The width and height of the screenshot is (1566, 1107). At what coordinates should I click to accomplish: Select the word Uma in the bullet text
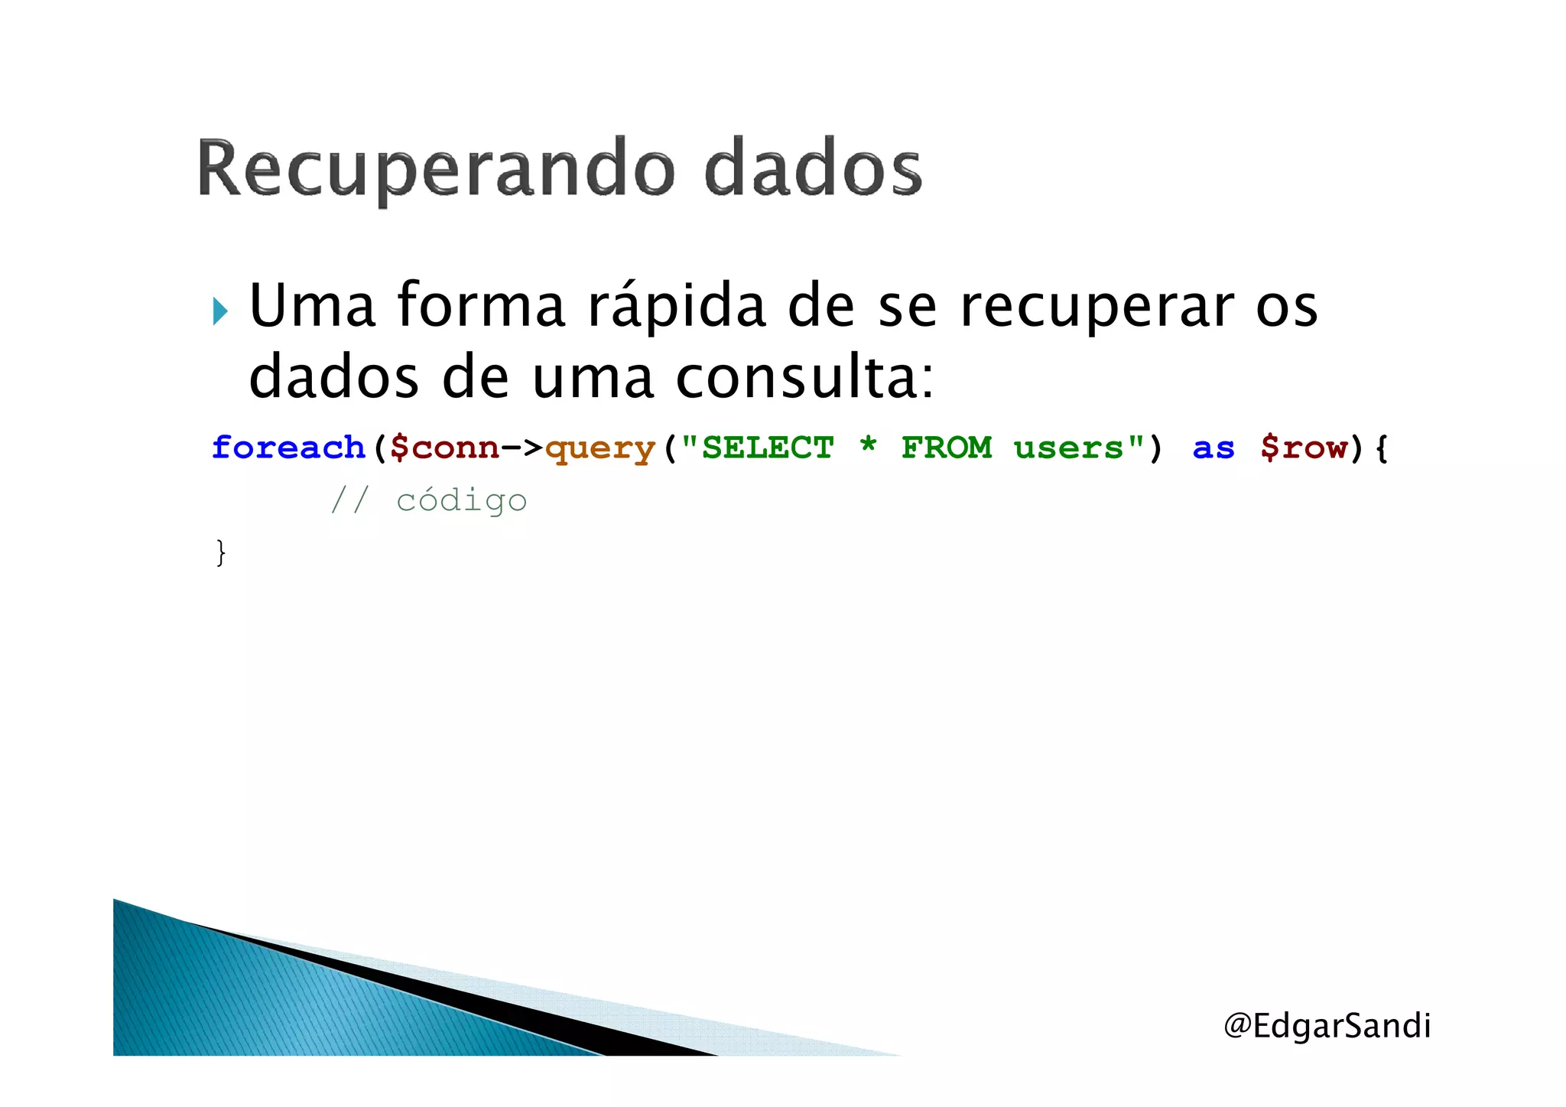tap(312, 306)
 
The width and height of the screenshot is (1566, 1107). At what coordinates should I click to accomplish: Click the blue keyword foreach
tap(288, 448)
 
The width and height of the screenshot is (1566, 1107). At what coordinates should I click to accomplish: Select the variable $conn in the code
tap(444, 448)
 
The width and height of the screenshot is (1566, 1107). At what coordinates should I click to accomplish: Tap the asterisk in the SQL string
tap(868, 445)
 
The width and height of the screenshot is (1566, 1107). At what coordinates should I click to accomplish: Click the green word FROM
tap(947, 448)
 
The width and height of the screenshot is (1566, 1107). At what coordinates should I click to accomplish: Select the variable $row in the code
tap(1304, 448)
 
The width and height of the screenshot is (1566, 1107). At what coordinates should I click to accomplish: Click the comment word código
tap(461, 501)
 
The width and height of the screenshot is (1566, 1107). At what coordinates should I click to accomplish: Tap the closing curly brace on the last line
tap(221, 552)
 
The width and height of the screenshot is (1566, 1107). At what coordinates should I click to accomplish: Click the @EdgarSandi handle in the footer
tap(1327, 1026)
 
